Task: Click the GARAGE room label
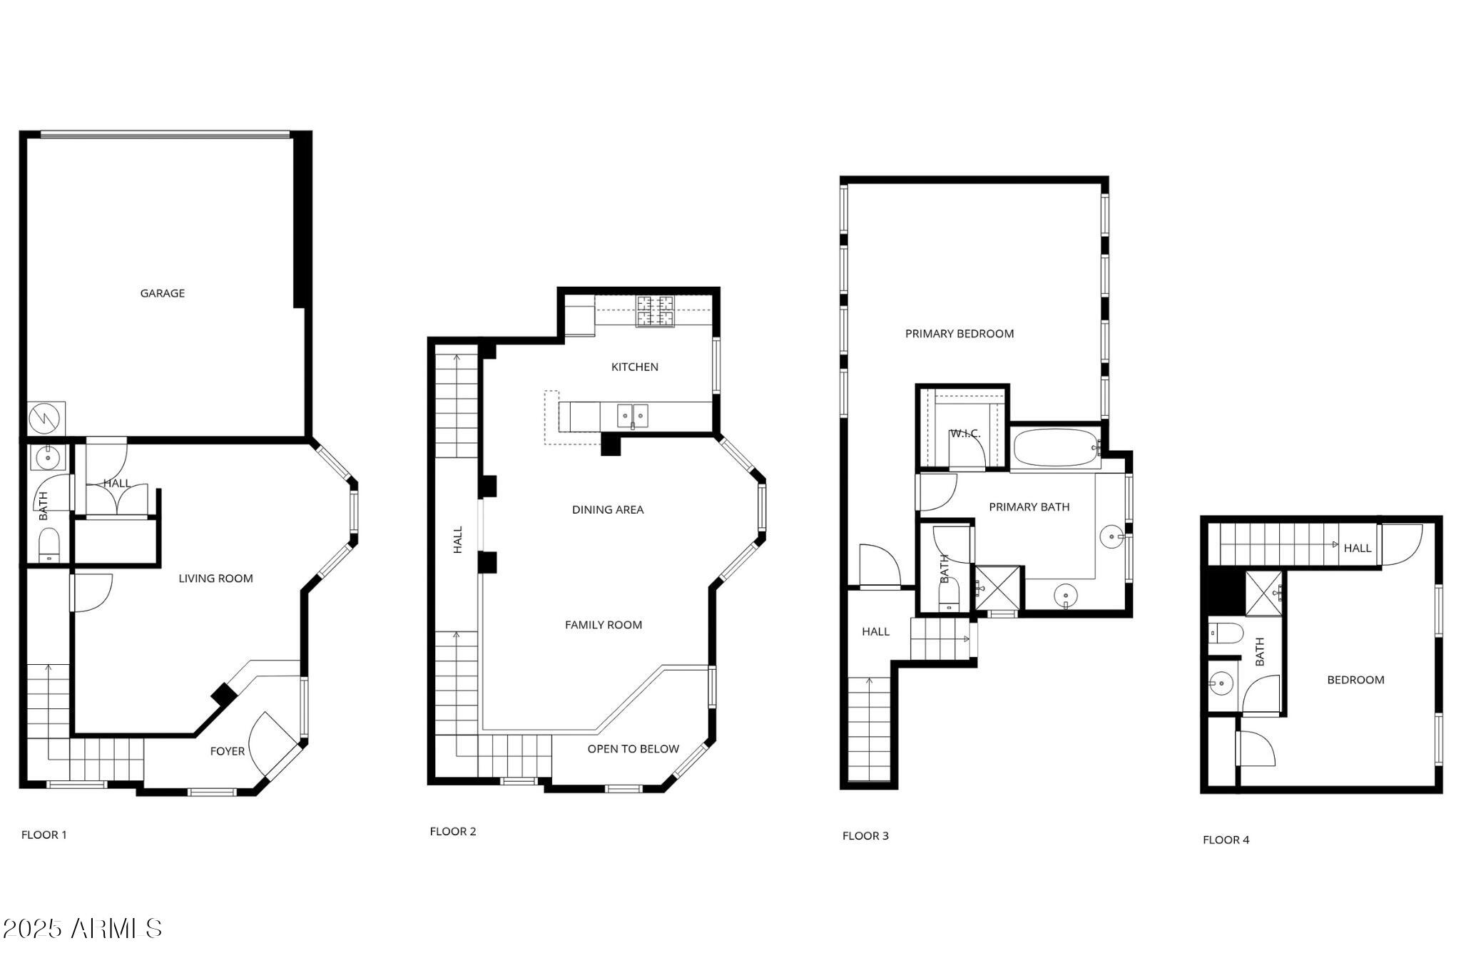click(x=162, y=293)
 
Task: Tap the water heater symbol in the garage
click(x=46, y=419)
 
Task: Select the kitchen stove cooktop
click(x=655, y=311)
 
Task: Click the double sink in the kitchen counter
click(x=633, y=415)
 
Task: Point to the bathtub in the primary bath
click(x=1056, y=447)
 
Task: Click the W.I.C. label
click(x=964, y=434)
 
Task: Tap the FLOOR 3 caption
click(x=865, y=836)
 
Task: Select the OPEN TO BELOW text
click(x=633, y=749)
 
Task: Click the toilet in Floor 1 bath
click(x=49, y=545)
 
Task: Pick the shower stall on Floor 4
click(x=1264, y=593)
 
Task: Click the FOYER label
click(x=227, y=751)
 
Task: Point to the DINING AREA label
click(x=608, y=509)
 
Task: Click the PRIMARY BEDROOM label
click(x=959, y=334)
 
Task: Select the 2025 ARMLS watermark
click(x=82, y=928)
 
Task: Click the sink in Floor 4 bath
click(x=1221, y=683)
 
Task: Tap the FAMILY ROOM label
click(x=604, y=625)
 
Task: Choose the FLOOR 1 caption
click(x=44, y=835)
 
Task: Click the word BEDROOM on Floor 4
click(x=1355, y=680)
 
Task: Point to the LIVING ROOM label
click(x=215, y=579)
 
